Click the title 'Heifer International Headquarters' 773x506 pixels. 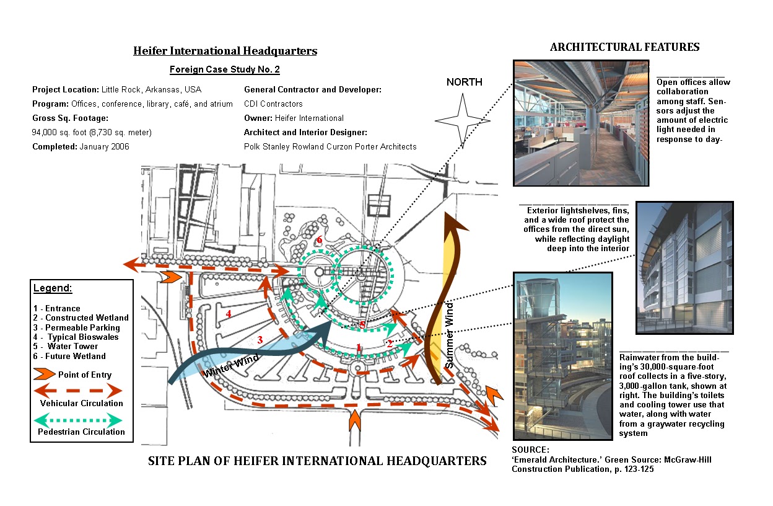point(225,51)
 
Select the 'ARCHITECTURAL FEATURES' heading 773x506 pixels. point(624,47)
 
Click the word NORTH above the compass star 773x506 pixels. point(464,82)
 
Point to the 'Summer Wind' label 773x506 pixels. point(450,335)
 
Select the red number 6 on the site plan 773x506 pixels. point(320,240)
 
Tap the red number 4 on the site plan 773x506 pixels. point(229,314)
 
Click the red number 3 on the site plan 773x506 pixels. point(260,339)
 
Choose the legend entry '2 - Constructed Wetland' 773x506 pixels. point(81,318)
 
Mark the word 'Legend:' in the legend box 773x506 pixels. point(53,288)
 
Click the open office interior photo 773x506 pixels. point(581,123)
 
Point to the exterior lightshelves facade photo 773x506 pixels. point(684,267)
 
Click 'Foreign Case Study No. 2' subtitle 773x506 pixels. point(225,69)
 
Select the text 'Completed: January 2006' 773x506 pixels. point(81,147)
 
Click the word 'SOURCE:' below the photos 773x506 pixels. point(531,450)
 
